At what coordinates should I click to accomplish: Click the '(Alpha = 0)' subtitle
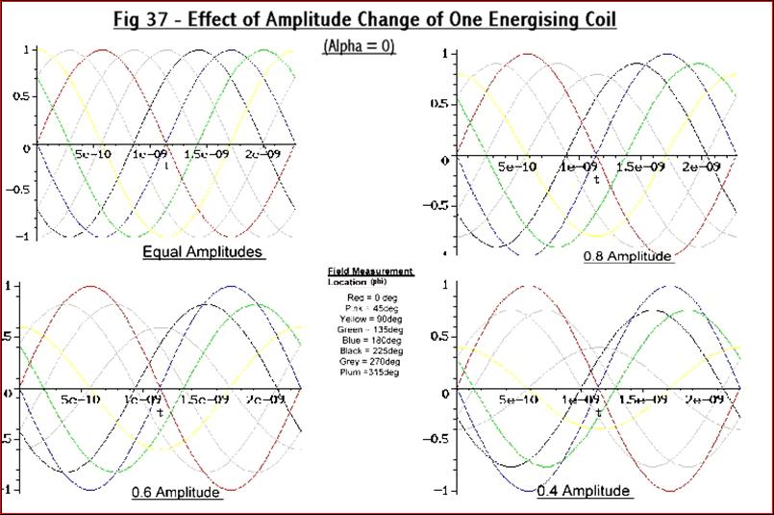point(358,45)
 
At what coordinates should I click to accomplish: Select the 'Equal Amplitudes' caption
point(203,252)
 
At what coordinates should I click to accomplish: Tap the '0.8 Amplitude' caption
point(627,257)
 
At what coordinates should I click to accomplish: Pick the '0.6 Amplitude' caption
point(176,492)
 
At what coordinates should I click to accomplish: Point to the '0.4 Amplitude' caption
point(584,491)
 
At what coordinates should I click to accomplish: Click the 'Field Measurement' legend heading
point(370,272)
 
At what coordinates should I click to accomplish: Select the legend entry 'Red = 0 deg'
point(369,297)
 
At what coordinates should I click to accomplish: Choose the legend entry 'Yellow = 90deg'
point(370,319)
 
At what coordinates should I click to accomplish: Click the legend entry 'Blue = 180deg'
point(370,340)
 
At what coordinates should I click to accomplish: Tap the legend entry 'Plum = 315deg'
point(370,372)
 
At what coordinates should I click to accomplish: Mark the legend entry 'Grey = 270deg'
point(370,361)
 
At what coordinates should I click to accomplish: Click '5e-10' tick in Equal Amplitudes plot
point(85,155)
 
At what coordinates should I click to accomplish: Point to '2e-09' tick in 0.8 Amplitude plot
point(701,166)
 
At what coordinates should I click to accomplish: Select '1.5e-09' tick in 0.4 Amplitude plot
point(642,399)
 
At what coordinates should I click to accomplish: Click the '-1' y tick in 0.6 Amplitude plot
point(7,490)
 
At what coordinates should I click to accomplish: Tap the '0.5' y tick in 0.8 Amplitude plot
point(437,104)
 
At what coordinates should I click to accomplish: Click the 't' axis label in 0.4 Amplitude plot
point(598,412)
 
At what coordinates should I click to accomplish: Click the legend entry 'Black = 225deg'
point(370,350)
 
